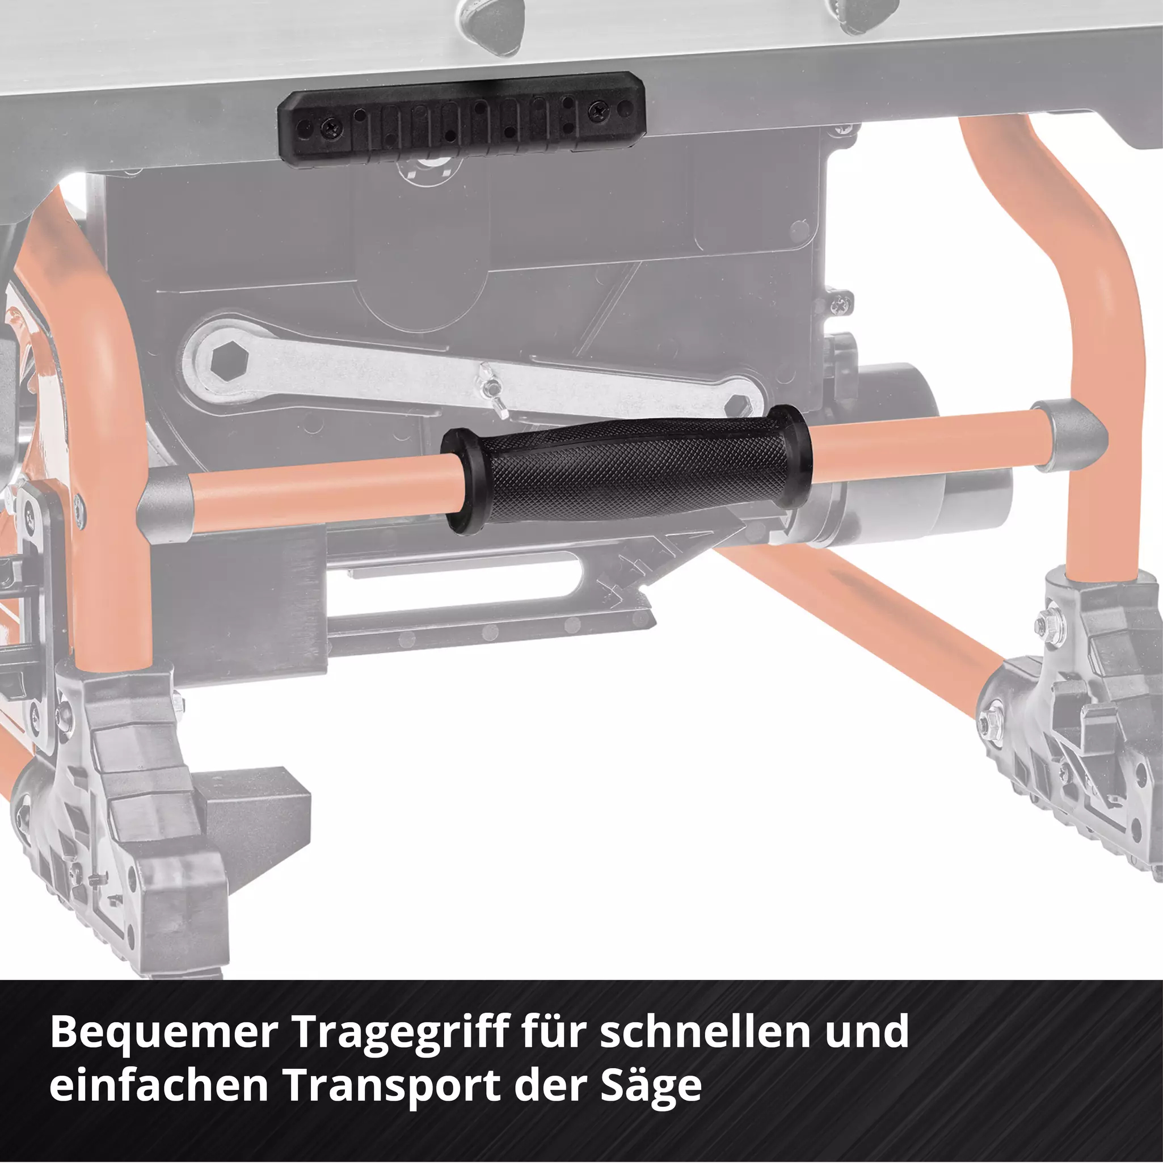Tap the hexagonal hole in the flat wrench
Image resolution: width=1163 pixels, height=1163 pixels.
coord(229,362)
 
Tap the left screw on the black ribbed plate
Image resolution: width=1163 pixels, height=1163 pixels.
coord(332,127)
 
